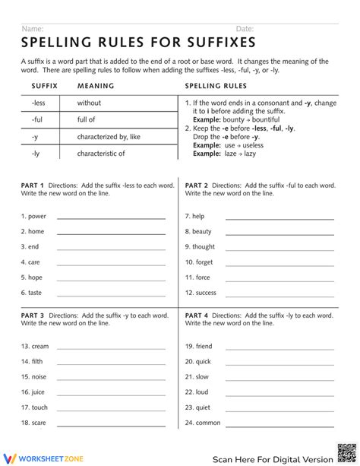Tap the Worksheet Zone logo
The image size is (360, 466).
(x=43, y=458)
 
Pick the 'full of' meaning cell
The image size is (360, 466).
(x=86, y=119)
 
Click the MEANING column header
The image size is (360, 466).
(x=95, y=86)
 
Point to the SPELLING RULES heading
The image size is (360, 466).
(x=216, y=86)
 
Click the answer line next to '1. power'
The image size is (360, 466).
(x=111, y=217)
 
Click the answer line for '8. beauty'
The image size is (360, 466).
(x=279, y=233)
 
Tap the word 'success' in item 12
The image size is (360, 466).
(x=206, y=293)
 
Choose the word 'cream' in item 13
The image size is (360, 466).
(x=39, y=346)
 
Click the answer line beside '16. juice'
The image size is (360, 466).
(x=111, y=393)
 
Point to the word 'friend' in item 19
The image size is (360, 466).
(x=204, y=346)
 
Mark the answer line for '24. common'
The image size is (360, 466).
(x=279, y=424)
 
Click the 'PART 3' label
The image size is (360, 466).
(x=33, y=314)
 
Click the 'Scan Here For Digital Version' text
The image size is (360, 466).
(x=272, y=458)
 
